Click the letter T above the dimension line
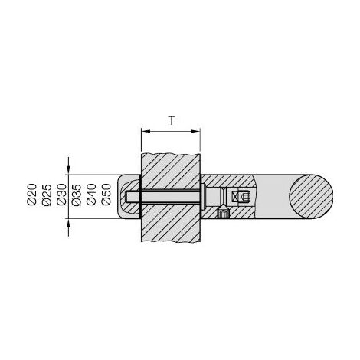(x=172, y=121)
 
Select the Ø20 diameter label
(x=31, y=195)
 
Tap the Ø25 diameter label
(x=47, y=195)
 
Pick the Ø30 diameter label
(x=61, y=195)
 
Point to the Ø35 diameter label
(x=77, y=195)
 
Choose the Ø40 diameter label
(x=91, y=195)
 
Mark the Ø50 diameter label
(x=106, y=195)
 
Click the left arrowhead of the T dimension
(x=146, y=131)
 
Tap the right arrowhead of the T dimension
(x=196, y=131)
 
